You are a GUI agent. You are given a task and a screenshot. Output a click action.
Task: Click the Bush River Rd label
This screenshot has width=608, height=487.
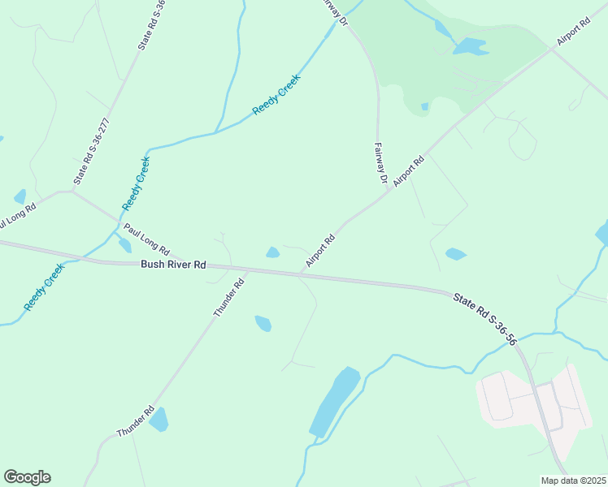tap(173, 265)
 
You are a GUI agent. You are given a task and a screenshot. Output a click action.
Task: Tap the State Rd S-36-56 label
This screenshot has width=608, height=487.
tap(485, 321)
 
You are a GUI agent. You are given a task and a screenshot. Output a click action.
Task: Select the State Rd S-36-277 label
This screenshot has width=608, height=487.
tap(91, 152)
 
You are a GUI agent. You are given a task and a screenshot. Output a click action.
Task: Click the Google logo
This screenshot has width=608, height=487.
tap(27, 477)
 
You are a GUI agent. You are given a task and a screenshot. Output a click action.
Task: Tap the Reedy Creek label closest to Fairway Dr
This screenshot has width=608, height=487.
tap(276, 94)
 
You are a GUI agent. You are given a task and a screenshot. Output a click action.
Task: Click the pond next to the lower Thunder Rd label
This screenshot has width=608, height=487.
tap(159, 419)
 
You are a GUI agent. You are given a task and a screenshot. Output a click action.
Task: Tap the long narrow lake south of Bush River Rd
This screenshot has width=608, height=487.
tap(334, 402)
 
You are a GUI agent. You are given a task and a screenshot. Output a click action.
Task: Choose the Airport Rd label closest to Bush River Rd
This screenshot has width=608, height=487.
tap(320, 252)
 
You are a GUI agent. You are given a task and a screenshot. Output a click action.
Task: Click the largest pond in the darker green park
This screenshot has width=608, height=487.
tap(470, 47)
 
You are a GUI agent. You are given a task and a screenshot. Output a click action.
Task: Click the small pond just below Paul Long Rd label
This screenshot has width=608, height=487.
tap(125, 245)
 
